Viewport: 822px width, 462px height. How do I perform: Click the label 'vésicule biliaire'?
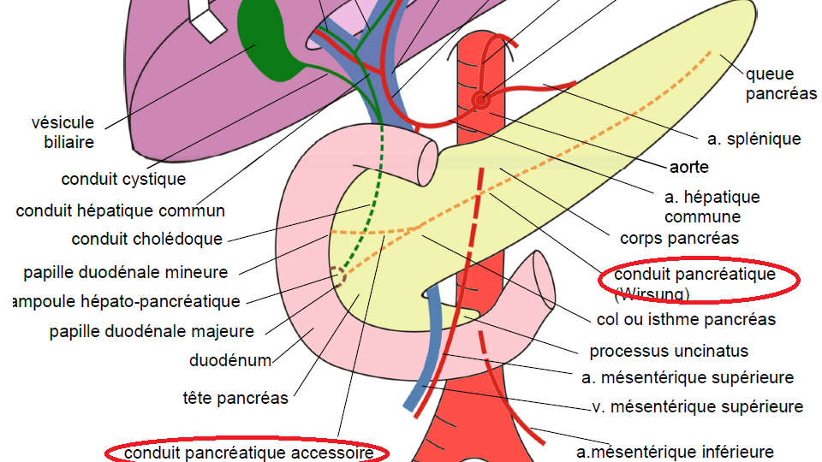(68, 133)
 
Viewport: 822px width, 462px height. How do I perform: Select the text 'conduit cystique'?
(123, 180)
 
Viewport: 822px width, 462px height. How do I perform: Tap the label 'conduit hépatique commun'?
(121, 210)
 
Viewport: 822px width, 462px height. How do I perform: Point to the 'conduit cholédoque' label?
(147, 240)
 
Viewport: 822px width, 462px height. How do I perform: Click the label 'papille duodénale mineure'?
(126, 273)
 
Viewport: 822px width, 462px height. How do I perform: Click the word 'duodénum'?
(230, 360)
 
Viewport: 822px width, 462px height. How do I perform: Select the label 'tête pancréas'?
(235, 398)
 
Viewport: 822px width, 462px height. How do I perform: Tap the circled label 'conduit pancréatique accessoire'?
(248, 452)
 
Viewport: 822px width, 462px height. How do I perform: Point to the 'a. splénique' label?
(754, 139)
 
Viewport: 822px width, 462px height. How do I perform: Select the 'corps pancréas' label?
(679, 238)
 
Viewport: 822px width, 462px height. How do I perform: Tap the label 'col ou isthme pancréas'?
(685, 319)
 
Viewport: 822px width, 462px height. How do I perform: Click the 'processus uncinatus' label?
(669, 351)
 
